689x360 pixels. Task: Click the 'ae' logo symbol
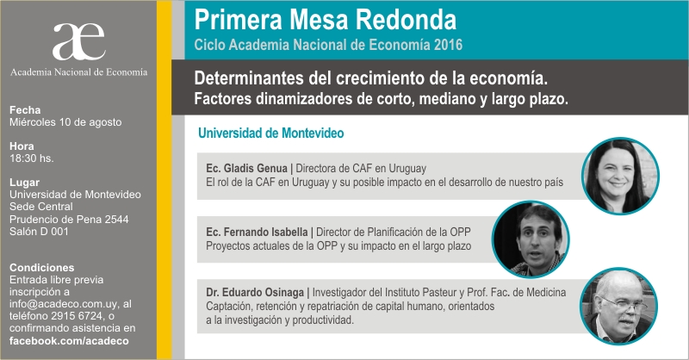click(x=79, y=41)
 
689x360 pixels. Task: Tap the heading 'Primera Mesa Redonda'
click(x=326, y=20)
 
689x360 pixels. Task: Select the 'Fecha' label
click(x=25, y=110)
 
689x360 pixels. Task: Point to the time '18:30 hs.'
click(x=32, y=158)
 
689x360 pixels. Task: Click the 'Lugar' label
click(x=25, y=183)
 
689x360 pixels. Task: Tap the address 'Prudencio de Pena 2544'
click(x=69, y=219)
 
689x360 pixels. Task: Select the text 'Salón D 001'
click(x=39, y=231)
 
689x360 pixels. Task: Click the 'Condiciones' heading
click(x=41, y=267)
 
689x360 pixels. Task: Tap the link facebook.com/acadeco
click(x=69, y=341)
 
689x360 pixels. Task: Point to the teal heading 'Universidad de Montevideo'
click(x=270, y=133)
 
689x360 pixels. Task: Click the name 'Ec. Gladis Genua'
click(x=246, y=168)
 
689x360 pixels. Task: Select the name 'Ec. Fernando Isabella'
click(x=257, y=232)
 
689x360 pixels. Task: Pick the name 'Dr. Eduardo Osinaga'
click(x=255, y=292)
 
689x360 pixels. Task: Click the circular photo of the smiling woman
click(x=620, y=176)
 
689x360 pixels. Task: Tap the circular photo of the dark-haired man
click(x=531, y=239)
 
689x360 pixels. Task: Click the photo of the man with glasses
click(x=618, y=306)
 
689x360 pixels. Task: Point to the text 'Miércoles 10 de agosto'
click(x=65, y=122)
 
